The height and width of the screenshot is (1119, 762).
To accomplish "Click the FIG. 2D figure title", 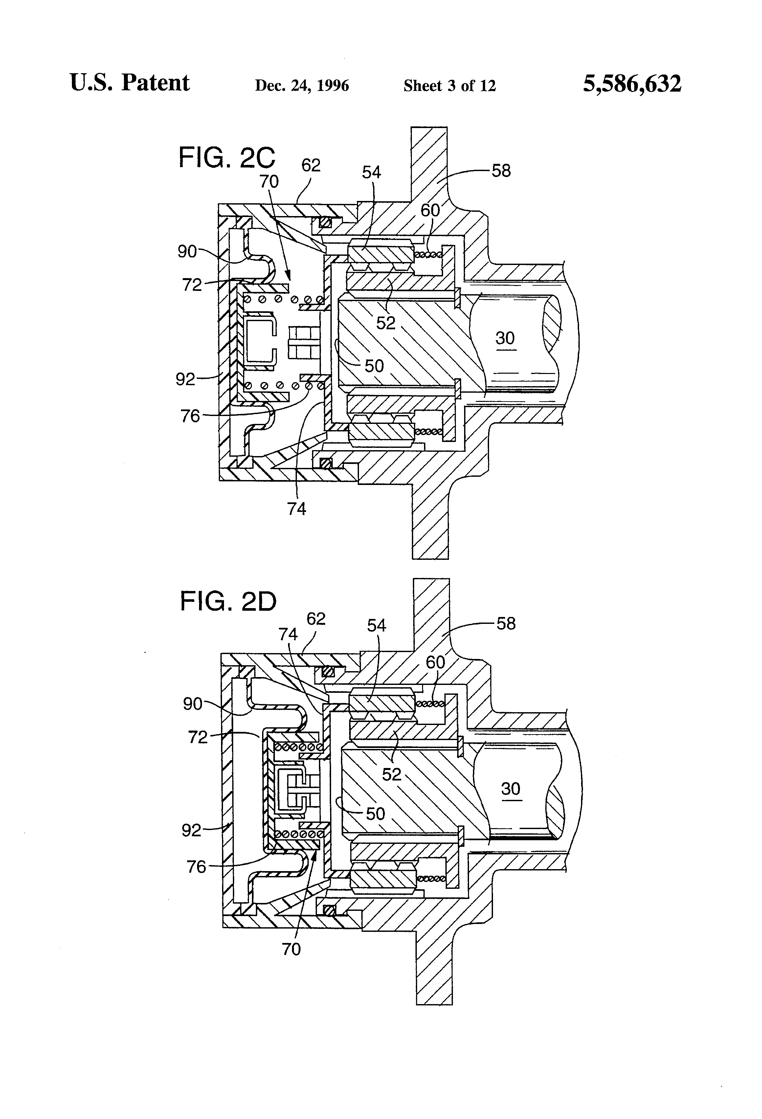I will click(228, 602).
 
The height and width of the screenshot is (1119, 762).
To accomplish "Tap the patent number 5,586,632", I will click(632, 84).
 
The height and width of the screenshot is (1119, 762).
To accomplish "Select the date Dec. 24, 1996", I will click(302, 86).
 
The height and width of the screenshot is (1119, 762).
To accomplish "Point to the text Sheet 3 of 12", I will click(449, 86).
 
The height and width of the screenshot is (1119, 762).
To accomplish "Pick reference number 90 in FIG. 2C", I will click(187, 251).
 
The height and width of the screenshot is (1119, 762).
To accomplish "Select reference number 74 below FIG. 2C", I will click(297, 509).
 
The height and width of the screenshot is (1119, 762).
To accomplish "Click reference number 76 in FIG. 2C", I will click(190, 416).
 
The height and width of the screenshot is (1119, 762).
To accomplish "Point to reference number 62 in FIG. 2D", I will click(316, 619).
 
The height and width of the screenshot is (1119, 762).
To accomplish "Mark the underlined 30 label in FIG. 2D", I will click(510, 789).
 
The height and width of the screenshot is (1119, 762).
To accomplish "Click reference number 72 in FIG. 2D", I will click(197, 737).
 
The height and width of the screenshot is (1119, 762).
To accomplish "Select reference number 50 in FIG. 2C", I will click(374, 366).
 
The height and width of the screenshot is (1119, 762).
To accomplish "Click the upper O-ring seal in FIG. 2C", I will click(325, 222).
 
